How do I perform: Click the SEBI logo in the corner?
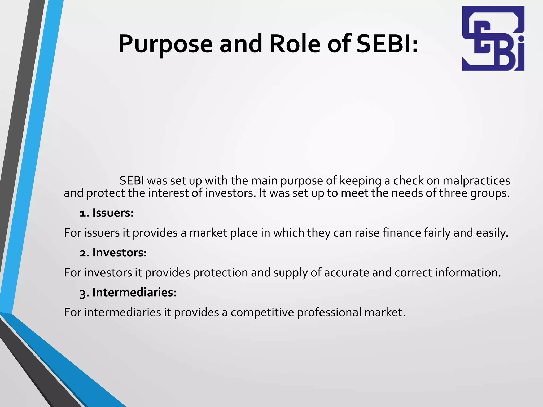coord(493,39)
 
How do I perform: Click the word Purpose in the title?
coord(165,44)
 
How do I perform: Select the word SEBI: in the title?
coord(387,44)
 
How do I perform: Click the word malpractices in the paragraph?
coord(476,181)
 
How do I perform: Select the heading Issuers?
coord(113,213)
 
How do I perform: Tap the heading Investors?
coord(120,253)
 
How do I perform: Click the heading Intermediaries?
coord(134,293)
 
